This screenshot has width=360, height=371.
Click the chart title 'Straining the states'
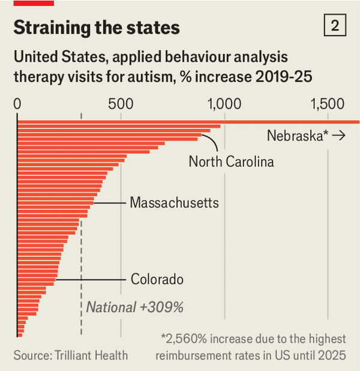[97, 27]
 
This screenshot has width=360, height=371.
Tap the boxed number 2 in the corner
[334, 26]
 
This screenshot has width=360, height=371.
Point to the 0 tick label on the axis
[18, 103]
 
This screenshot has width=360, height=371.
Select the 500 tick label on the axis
[121, 103]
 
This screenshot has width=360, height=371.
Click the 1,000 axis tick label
[224, 103]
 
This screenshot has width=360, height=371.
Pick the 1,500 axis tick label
[327, 103]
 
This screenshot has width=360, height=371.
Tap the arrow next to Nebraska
[338, 136]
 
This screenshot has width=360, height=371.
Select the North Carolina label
[231, 161]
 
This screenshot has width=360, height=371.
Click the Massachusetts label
[174, 202]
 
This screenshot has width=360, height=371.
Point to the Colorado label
[157, 279]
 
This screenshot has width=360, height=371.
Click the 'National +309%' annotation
[134, 307]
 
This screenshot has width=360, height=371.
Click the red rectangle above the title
[34, 3]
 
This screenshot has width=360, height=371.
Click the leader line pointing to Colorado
[90, 280]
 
